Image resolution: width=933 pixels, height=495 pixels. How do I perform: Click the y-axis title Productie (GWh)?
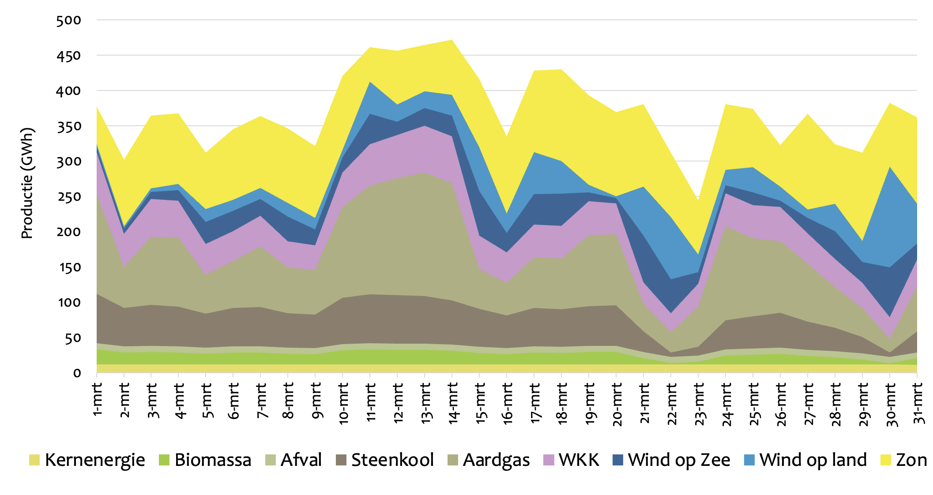(27, 183)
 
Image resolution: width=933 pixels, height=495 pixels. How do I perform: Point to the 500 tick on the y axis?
(69, 20)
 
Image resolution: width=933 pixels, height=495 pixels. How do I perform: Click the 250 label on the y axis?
(69, 197)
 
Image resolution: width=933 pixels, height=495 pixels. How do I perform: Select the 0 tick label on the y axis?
(77, 373)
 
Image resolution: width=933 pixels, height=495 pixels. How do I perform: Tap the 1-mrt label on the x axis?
(98, 399)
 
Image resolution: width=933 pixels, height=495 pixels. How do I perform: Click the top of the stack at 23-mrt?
(698, 201)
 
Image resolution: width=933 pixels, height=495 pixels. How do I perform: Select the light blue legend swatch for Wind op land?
(749, 460)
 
